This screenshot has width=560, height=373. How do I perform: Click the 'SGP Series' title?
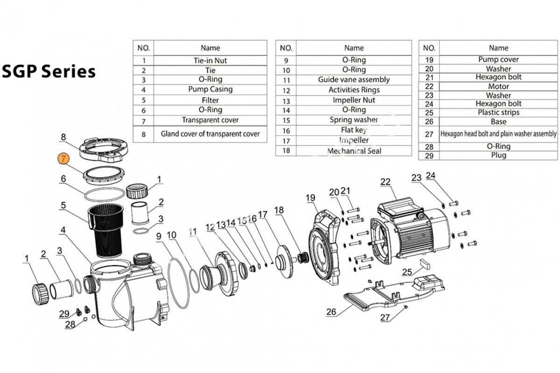pos(49,71)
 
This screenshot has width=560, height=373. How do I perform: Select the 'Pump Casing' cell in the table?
pos(210,89)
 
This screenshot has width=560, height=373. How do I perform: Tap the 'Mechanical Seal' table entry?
pos(354,151)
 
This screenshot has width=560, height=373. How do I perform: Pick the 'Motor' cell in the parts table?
pos(498,86)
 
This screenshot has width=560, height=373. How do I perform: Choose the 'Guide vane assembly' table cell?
pos(354,80)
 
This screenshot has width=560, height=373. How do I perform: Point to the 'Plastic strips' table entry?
pos(498,112)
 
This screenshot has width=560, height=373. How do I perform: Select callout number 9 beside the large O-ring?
pos(159,236)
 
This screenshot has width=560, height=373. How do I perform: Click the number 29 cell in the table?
pos(429,155)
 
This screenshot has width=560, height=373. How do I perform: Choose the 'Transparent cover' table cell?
pos(210,120)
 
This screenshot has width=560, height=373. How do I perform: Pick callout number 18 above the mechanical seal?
pos(279,210)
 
